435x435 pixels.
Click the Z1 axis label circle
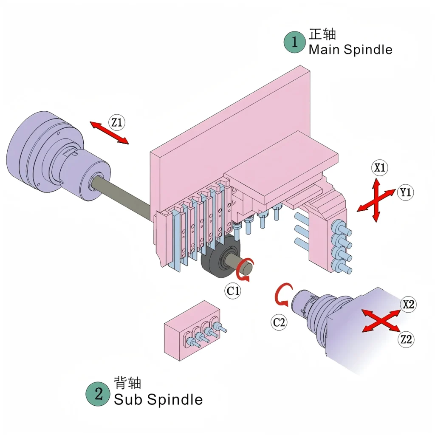click(x=116, y=122)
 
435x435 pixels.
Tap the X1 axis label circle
click(x=379, y=167)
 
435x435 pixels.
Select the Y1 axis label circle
click(x=405, y=192)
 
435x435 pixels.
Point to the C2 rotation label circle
click(x=279, y=322)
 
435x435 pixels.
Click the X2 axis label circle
click(x=408, y=304)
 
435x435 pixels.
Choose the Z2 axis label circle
click(x=406, y=339)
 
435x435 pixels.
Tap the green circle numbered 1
click(x=295, y=42)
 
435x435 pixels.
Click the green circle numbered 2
click(x=98, y=394)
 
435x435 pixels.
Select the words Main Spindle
click(x=350, y=50)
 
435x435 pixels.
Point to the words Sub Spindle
click(x=158, y=399)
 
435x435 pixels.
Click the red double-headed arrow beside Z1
click(x=109, y=133)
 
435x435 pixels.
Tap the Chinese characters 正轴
click(x=322, y=34)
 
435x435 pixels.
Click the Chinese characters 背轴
click(x=127, y=383)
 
